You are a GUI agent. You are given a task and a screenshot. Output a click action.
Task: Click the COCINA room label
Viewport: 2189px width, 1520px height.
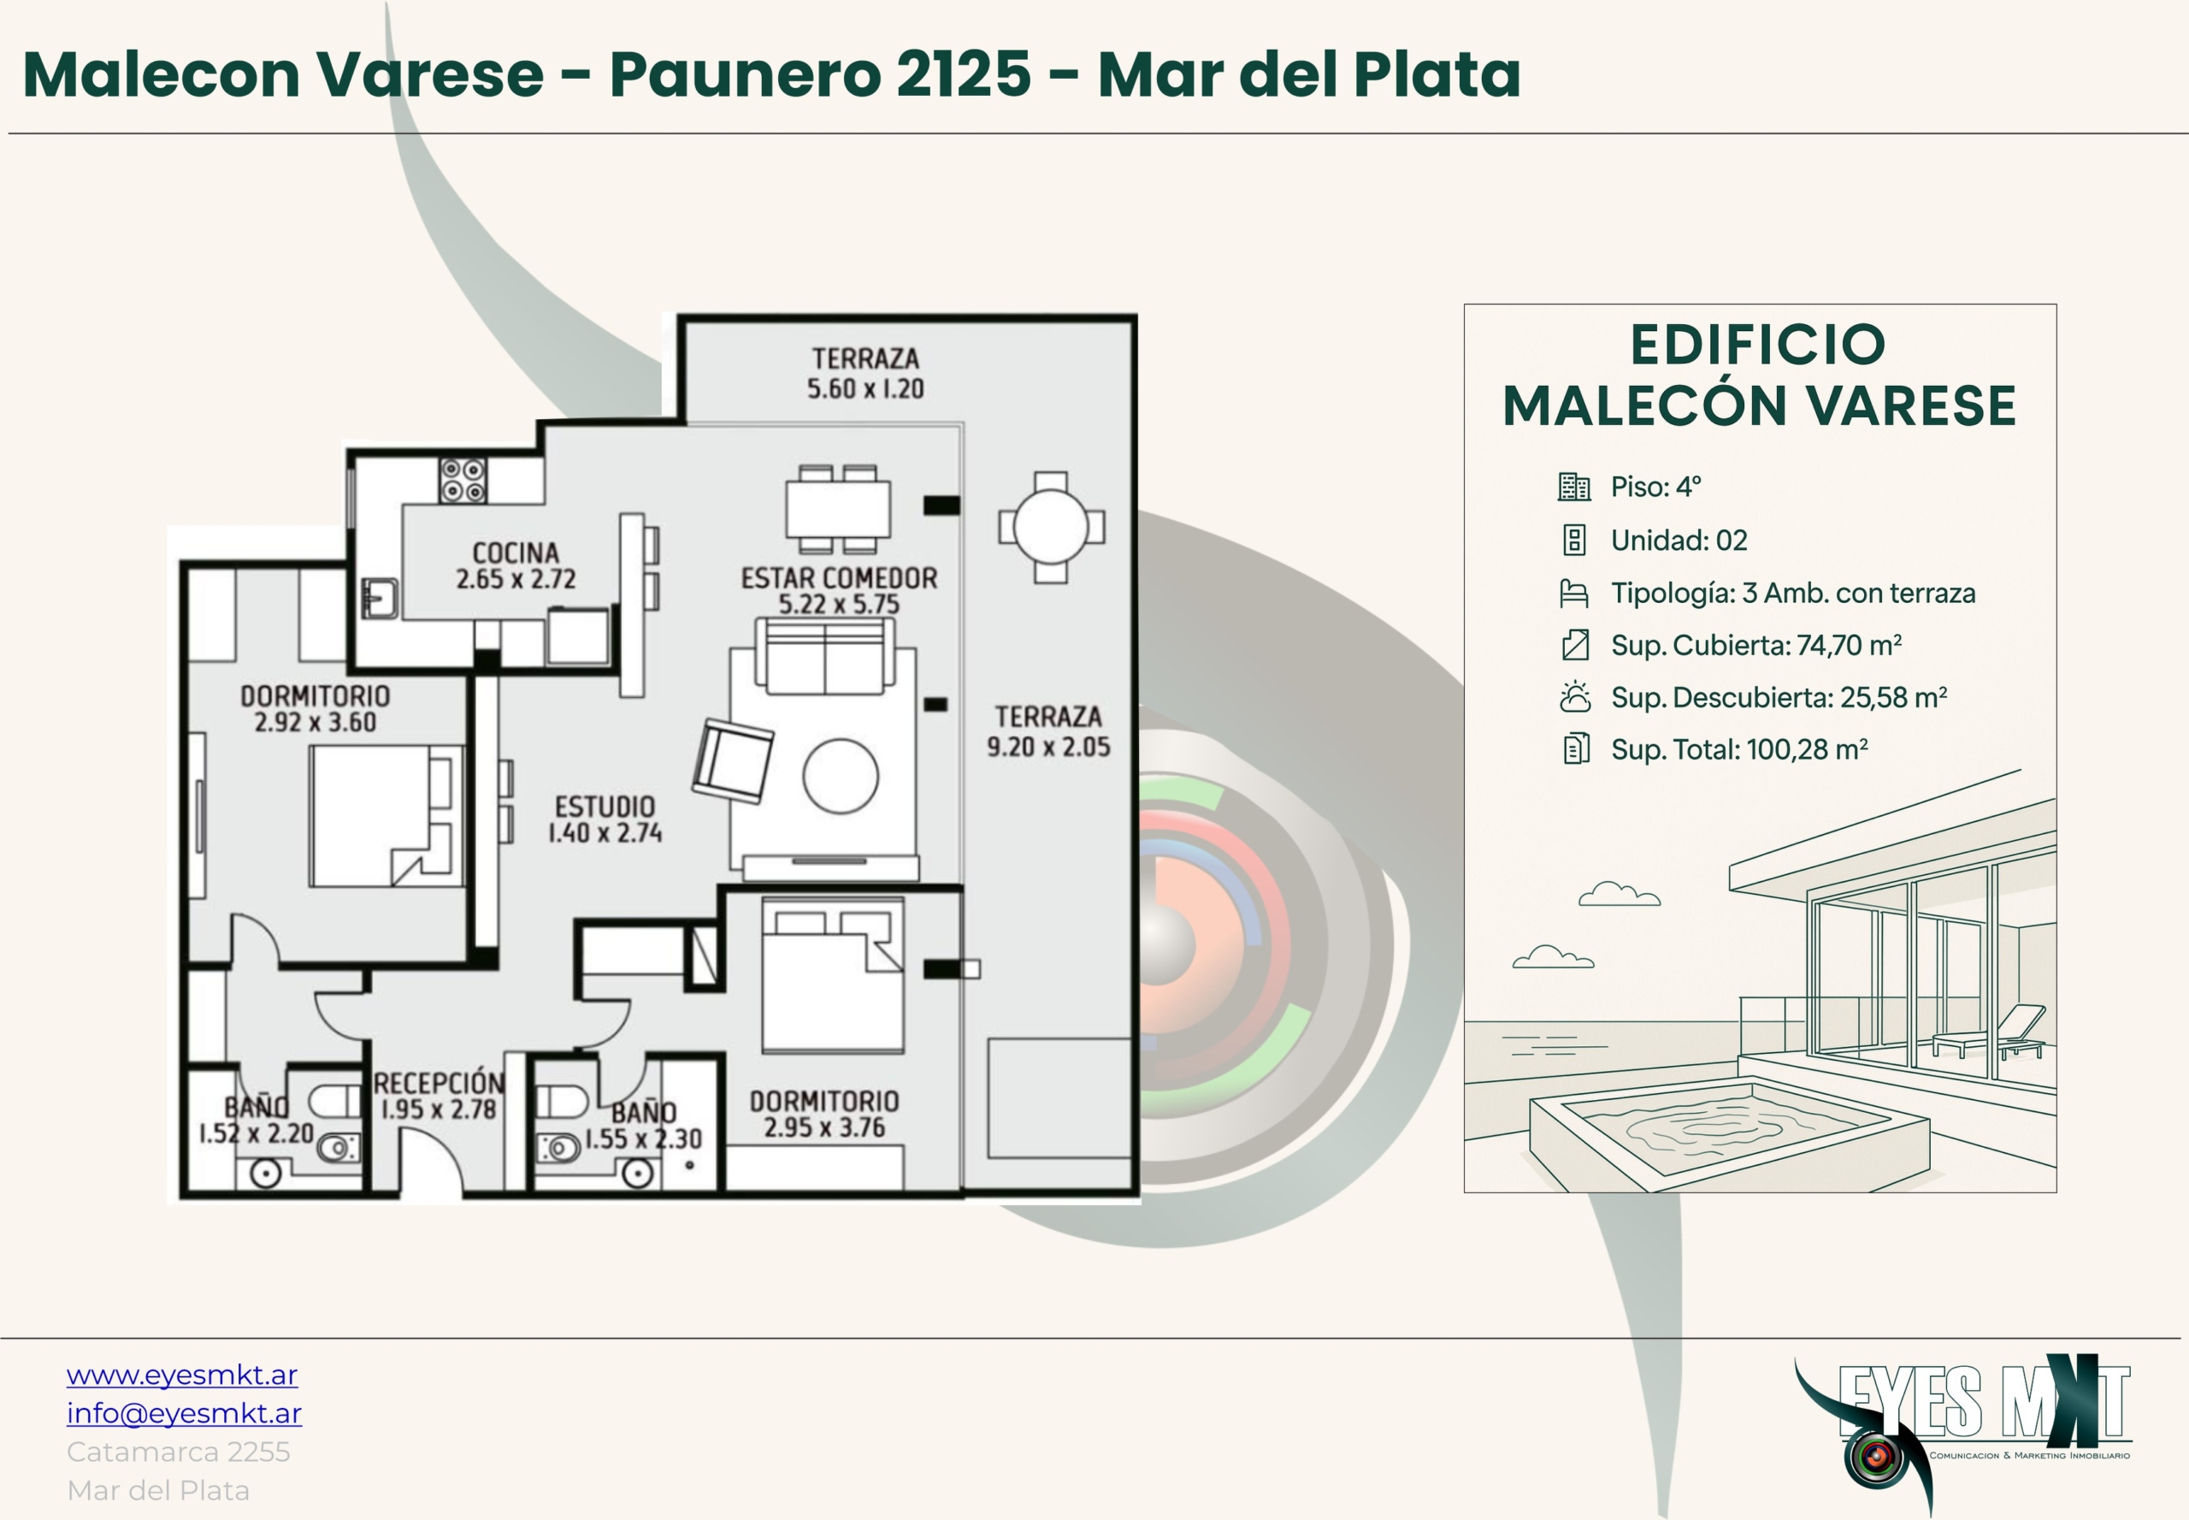tap(515, 553)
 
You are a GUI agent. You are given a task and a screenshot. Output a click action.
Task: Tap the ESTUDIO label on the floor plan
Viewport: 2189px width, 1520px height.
tap(605, 807)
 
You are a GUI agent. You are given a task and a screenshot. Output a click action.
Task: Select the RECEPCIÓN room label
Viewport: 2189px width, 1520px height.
tap(439, 1083)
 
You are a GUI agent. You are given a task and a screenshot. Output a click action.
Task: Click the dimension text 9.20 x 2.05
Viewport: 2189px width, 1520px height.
tap(1048, 747)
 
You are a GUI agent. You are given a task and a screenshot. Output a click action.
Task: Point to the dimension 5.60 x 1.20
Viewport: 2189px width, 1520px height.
tap(865, 388)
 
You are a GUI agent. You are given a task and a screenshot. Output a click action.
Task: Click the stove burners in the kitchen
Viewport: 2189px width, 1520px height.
tap(463, 481)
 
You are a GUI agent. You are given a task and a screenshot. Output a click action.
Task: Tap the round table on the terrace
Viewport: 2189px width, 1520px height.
tap(1051, 527)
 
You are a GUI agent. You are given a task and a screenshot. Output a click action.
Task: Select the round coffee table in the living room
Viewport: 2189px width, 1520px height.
tap(841, 776)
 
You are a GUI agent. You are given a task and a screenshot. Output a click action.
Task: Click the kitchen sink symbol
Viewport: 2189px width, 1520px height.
tap(380, 598)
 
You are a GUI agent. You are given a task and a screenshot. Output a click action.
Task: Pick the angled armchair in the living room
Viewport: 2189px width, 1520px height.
tap(732, 761)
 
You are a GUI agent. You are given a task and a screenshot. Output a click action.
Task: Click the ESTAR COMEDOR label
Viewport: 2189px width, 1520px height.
tap(839, 578)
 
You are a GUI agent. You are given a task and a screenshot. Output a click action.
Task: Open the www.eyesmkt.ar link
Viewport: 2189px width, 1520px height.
tap(182, 1375)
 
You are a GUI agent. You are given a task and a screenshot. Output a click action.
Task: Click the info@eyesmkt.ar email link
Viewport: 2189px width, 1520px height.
tap(184, 1413)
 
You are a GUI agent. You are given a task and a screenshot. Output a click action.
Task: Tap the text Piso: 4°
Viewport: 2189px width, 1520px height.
tap(1655, 487)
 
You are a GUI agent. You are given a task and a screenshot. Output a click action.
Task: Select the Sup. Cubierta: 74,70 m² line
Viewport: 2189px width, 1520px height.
tap(1755, 645)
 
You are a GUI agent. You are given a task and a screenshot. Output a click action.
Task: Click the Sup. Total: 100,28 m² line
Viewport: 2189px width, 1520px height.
tap(1739, 749)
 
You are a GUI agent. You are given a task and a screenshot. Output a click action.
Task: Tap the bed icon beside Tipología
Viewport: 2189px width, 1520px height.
tap(1575, 594)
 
